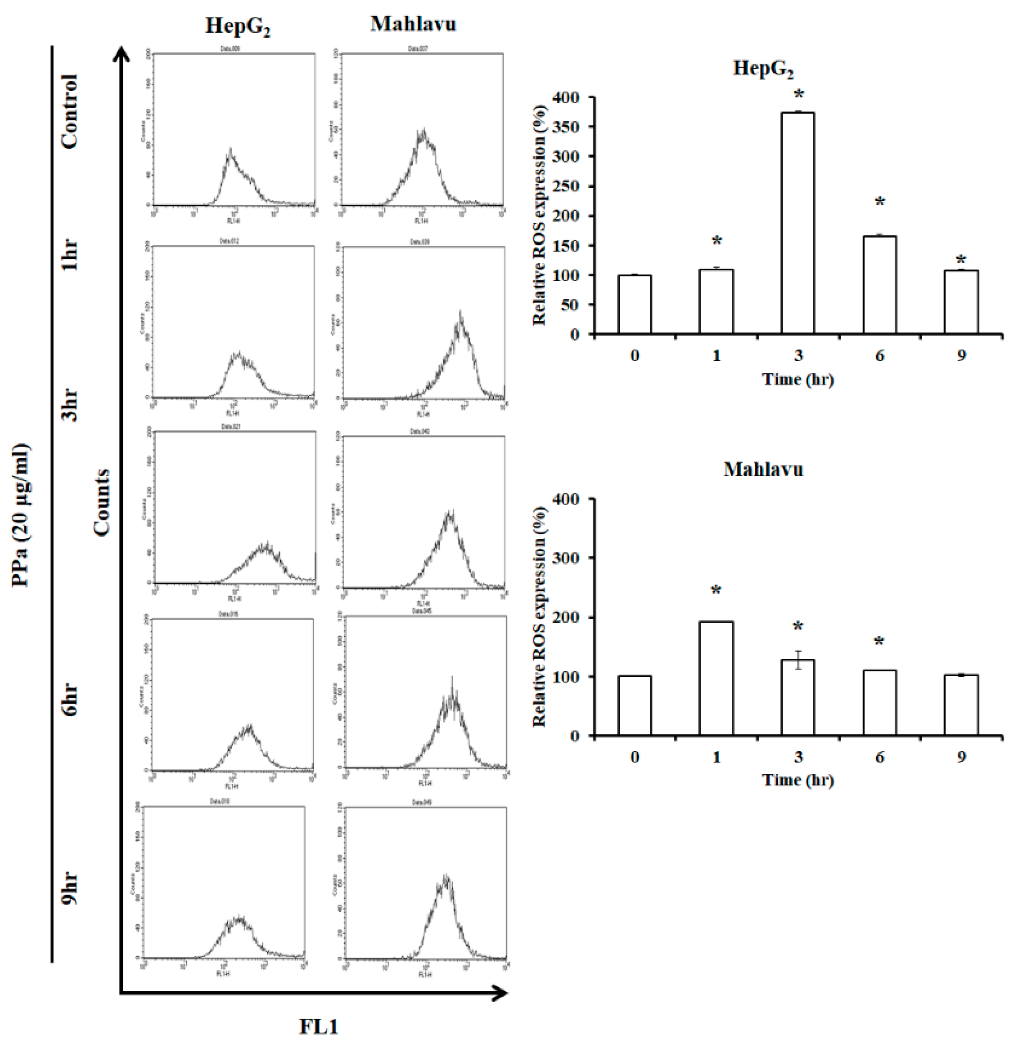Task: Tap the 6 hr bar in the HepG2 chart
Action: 879,285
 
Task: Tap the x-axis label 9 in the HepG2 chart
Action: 961,355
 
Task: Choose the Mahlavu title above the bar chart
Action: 763,469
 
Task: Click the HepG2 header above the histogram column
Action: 237,26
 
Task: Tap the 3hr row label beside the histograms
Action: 70,405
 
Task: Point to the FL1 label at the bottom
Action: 318,1026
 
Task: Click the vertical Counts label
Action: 101,502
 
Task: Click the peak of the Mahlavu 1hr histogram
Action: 460,313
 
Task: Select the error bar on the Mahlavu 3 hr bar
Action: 798,660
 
